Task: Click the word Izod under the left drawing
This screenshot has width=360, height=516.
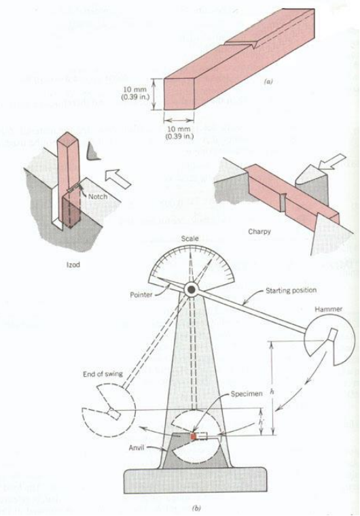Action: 73,264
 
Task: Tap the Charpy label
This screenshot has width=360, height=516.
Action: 259,232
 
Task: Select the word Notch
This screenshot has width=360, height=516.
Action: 98,196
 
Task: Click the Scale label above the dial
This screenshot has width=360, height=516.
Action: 190,238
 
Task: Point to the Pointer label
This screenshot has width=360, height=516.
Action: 141,295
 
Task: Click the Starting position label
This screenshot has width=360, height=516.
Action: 291,290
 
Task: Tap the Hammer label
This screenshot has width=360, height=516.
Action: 329,309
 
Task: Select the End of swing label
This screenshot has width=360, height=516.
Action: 103,374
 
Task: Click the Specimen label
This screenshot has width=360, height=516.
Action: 247,394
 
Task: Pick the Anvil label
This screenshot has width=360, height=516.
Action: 137,448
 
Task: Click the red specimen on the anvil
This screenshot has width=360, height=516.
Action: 194,436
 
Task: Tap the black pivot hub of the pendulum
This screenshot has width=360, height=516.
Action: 192,290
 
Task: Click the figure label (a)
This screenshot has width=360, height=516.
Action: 268,82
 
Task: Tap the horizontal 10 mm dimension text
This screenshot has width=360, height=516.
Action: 179,133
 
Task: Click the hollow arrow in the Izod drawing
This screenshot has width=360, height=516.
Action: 118,179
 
